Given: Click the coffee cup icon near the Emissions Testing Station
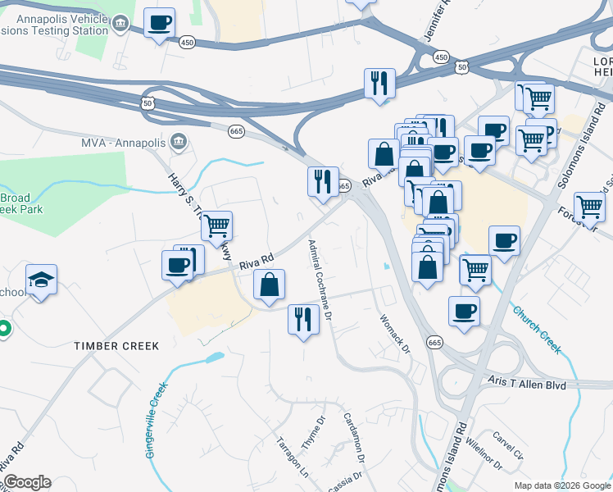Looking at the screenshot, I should click(160, 23).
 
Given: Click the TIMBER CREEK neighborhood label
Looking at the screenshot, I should click(116, 346).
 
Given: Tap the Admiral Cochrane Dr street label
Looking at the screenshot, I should click(320, 279).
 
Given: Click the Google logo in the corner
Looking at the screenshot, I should click(26, 482).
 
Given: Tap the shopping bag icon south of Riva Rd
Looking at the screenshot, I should click(270, 285).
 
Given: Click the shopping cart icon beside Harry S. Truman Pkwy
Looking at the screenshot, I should click(216, 225).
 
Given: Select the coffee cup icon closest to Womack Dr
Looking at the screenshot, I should click(465, 312).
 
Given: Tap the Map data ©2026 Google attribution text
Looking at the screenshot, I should click(561, 485).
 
